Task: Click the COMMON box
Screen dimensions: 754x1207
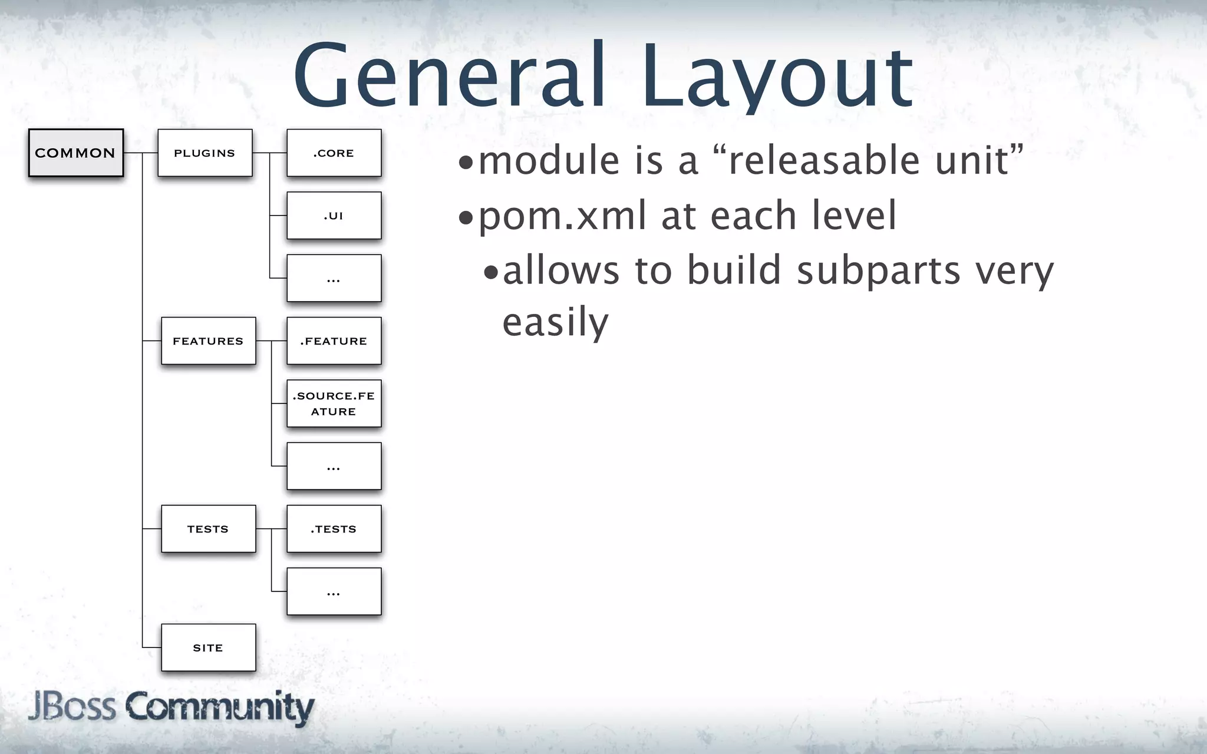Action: (x=76, y=153)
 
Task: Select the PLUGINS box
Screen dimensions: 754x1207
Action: (x=205, y=153)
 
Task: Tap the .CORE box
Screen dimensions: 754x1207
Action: (x=334, y=153)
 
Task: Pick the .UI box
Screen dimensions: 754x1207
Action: (x=334, y=216)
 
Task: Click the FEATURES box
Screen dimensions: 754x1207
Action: (x=208, y=340)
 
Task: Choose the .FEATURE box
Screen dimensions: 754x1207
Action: (x=334, y=340)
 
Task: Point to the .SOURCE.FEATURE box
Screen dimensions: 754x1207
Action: (x=334, y=404)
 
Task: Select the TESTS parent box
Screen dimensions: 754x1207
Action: (x=208, y=528)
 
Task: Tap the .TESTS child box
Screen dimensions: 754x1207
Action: (x=334, y=528)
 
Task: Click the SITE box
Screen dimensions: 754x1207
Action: (x=208, y=647)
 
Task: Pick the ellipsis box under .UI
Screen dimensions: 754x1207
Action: (x=334, y=278)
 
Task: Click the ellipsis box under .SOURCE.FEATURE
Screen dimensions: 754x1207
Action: (x=334, y=466)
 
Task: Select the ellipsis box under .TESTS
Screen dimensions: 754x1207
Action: (x=334, y=591)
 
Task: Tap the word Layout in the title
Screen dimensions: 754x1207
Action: (x=778, y=80)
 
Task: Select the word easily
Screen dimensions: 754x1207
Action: (x=555, y=323)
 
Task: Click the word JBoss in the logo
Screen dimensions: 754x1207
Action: (x=72, y=706)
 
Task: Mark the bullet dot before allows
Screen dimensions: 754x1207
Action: (x=490, y=272)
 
